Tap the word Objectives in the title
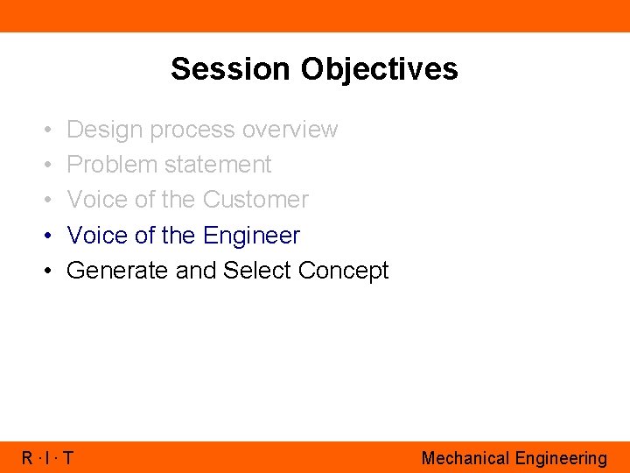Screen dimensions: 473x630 pos(376,68)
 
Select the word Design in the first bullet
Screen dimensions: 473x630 pos(104,130)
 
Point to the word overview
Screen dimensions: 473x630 pos(290,130)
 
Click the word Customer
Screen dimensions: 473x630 pos(255,200)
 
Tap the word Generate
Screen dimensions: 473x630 pos(118,271)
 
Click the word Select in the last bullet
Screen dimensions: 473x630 pos(257,271)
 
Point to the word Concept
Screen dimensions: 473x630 pos(343,272)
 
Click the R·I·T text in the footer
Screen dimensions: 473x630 pos(47,458)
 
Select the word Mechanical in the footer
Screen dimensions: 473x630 pos(465,458)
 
